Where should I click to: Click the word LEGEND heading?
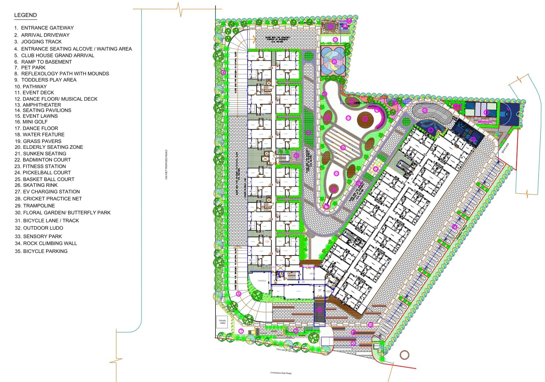(x=25, y=15)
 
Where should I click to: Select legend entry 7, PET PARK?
(x=33, y=68)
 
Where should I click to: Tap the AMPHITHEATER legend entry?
(x=42, y=105)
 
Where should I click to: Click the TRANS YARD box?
(x=222, y=322)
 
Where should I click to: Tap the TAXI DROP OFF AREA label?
(x=287, y=351)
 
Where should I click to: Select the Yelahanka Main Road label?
(x=281, y=373)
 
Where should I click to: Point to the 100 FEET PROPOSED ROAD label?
(x=166, y=164)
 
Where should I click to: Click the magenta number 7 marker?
(x=241, y=331)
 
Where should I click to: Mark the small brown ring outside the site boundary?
(x=404, y=355)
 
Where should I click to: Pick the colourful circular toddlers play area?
(x=333, y=61)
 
